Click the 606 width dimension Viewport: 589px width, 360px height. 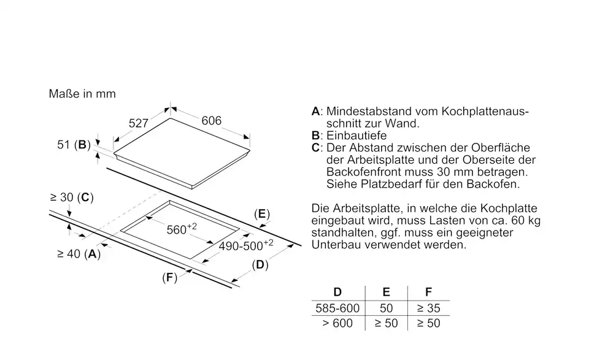point(212,120)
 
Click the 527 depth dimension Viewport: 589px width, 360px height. point(139,123)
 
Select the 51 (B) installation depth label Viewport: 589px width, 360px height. point(74,145)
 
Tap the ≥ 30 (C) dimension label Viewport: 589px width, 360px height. point(72,197)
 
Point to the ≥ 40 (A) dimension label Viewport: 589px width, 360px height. point(79,254)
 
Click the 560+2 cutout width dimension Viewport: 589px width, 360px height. point(182,229)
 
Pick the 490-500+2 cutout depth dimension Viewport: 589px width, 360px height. point(246,245)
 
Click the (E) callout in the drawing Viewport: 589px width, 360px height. point(262,214)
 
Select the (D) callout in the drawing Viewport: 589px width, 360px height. point(260,265)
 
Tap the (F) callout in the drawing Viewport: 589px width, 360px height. point(169,278)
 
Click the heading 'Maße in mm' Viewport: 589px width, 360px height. point(82,93)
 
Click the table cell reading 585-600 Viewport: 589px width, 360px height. point(337,308)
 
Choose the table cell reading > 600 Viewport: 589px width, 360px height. point(337,323)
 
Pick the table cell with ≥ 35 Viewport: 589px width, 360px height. point(429,308)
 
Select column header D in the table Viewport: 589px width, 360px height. point(337,292)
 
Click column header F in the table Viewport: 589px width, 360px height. point(429,292)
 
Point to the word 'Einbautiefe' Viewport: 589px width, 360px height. point(356,136)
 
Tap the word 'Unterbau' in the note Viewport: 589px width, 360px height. point(336,245)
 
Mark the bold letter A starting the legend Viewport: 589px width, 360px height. point(315,112)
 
